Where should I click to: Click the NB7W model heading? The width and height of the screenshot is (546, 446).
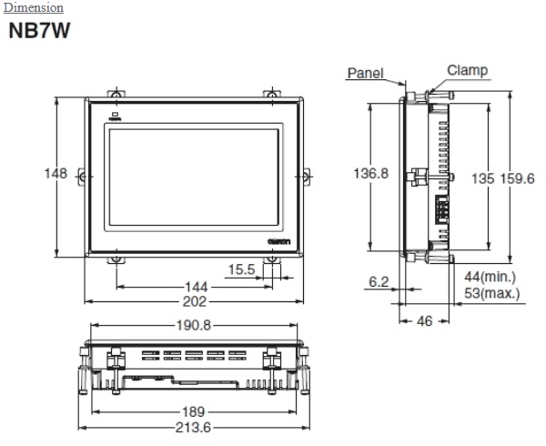pyautogui.click(x=39, y=31)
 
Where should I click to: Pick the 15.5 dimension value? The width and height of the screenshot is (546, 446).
pyautogui.click(x=241, y=269)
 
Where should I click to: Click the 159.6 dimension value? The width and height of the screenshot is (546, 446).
pyautogui.click(x=517, y=178)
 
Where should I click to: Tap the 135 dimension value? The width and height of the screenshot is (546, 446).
pyautogui.click(x=481, y=178)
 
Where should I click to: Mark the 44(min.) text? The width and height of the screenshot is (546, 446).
pyautogui.click(x=490, y=277)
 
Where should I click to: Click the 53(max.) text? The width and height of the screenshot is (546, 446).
pyautogui.click(x=490, y=293)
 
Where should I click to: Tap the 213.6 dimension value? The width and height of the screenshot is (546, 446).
pyautogui.click(x=193, y=428)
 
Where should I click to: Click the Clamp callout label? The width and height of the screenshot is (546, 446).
pyautogui.click(x=467, y=70)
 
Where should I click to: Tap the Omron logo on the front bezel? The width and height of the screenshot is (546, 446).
pyautogui.click(x=278, y=238)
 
